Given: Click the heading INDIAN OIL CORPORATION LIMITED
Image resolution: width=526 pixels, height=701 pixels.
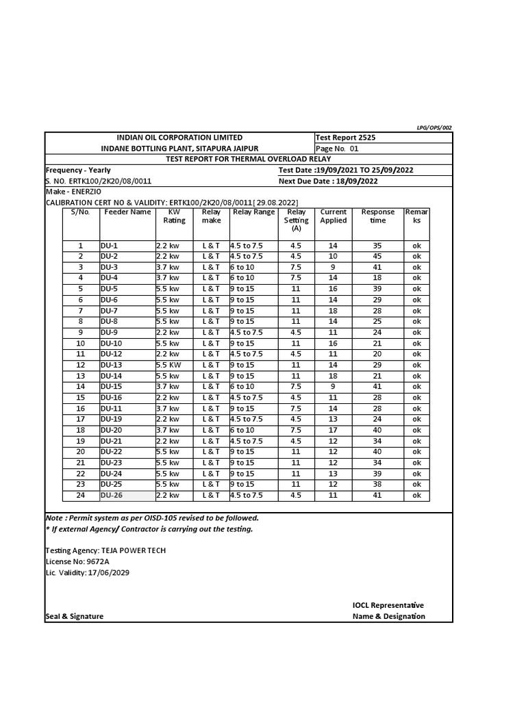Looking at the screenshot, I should (x=179, y=138).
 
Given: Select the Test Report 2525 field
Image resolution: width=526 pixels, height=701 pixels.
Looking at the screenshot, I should (x=346, y=138).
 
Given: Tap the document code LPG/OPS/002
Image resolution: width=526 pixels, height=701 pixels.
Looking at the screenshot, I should (x=434, y=127).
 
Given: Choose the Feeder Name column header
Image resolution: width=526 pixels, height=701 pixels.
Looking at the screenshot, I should (x=127, y=212).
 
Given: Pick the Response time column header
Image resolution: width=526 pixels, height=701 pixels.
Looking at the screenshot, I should (x=377, y=216).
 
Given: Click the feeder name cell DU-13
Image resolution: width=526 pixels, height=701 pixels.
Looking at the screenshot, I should (x=111, y=365).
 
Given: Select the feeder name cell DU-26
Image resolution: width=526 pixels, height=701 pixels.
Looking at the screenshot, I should (x=111, y=496).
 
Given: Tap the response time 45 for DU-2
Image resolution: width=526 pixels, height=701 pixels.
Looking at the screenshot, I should (x=377, y=256).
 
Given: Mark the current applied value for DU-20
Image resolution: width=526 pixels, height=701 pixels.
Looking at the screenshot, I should (x=333, y=430).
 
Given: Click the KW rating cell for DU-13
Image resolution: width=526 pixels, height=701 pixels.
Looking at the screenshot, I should (x=168, y=365).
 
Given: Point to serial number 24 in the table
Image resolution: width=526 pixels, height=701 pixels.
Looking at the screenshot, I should (x=80, y=496).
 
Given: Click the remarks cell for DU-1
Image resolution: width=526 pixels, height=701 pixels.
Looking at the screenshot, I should (x=416, y=245).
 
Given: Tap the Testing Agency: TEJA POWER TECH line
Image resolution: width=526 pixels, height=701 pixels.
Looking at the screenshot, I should (x=105, y=550).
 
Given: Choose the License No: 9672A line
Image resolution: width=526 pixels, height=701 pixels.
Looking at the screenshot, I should (x=77, y=561).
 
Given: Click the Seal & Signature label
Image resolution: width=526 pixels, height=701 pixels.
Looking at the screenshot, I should (x=75, y=616).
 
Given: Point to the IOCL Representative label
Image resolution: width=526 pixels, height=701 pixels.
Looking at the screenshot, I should (x=388, y=605).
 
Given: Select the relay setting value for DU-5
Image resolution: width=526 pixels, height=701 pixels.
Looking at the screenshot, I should (x=296, y=289).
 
